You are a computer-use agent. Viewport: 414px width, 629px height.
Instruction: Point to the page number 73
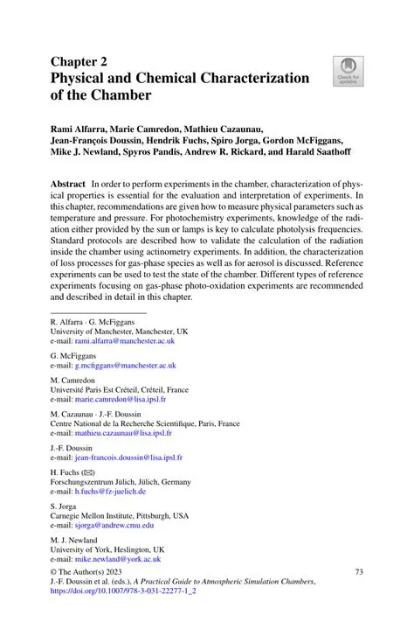(x=358, y=571)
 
